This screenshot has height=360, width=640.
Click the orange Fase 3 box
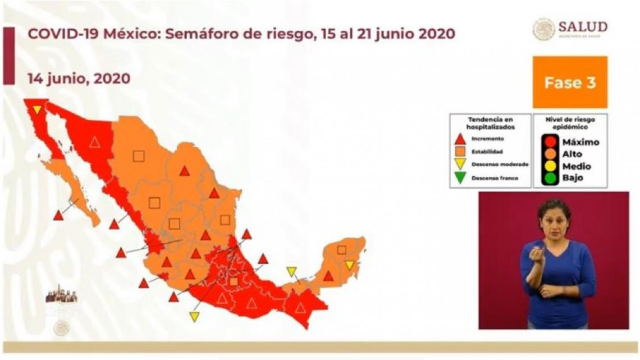click(569, 82)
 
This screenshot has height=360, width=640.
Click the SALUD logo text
click(583, 27)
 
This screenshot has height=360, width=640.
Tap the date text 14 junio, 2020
click(79, 78)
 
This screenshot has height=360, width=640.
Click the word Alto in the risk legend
click(572, 154)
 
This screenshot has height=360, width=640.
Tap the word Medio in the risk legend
click(576, 166)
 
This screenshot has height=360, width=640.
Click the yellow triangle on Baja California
click(37, 110)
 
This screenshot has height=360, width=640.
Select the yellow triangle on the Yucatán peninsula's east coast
click(350, 265)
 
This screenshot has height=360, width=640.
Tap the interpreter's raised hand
click(536, 253)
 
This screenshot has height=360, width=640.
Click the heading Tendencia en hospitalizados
click(490, 123)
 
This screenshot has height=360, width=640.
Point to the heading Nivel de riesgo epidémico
click(570, 123)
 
